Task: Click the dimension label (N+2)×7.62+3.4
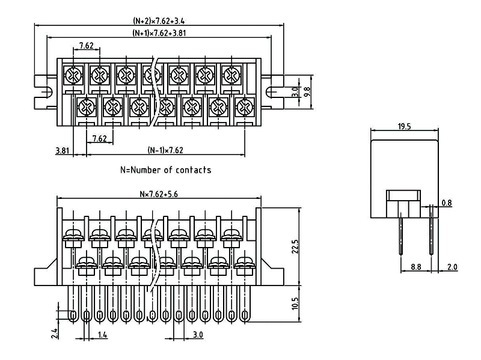(159, 20)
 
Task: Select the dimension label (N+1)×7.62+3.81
(159, 33)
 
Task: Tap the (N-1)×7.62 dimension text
(165, 150)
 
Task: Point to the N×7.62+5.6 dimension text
(159, 194)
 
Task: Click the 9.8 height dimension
(307, 91)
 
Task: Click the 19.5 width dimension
(404, 127)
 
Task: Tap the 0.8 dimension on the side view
(446, 203)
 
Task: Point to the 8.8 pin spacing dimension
(415, 266)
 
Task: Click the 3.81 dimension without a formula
(62, 150)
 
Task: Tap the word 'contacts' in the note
(193, 170)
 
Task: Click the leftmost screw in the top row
(73, 76)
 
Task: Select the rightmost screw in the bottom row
(244, 108)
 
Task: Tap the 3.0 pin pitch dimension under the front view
(198, 334)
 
